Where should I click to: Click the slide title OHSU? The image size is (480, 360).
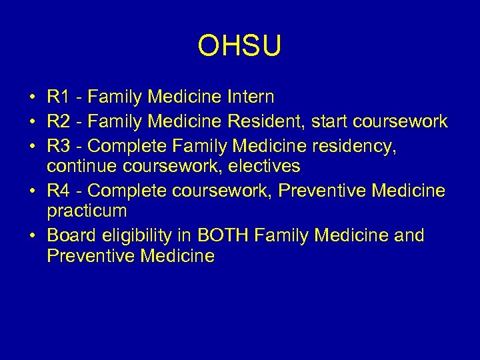coord(240,47)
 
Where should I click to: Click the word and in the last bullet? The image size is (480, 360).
coord(410,236)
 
